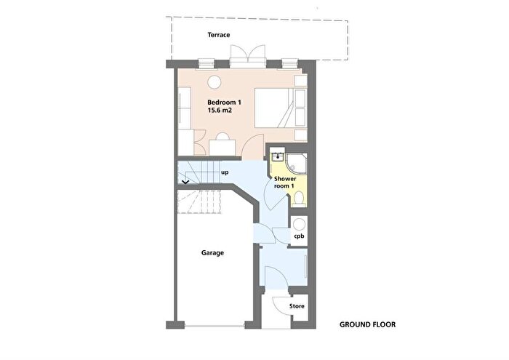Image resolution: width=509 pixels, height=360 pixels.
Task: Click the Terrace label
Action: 219,35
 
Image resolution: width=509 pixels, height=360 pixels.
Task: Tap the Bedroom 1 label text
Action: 224,103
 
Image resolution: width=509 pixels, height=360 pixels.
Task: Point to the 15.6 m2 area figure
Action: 220,111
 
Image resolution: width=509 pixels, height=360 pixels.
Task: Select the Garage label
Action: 212,253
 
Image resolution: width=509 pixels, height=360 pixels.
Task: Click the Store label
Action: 297,306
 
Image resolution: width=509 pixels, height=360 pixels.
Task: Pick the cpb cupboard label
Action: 299,236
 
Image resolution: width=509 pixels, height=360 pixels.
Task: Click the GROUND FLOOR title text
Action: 367,324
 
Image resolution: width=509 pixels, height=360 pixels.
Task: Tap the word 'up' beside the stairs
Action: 225,172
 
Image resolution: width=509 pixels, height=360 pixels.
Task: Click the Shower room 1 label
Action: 285,183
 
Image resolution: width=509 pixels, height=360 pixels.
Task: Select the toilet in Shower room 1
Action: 298,198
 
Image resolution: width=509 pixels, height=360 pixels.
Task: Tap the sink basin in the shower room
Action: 278,157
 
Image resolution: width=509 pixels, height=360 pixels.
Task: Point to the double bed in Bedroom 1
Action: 280,108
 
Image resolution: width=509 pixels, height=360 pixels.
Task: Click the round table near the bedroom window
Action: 215,82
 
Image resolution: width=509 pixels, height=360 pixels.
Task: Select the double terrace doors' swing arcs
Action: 248,52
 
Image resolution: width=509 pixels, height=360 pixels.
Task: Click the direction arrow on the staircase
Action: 185,182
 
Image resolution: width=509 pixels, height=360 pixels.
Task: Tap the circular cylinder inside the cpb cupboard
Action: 299,224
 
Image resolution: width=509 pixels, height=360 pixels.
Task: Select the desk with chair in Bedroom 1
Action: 223,145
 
